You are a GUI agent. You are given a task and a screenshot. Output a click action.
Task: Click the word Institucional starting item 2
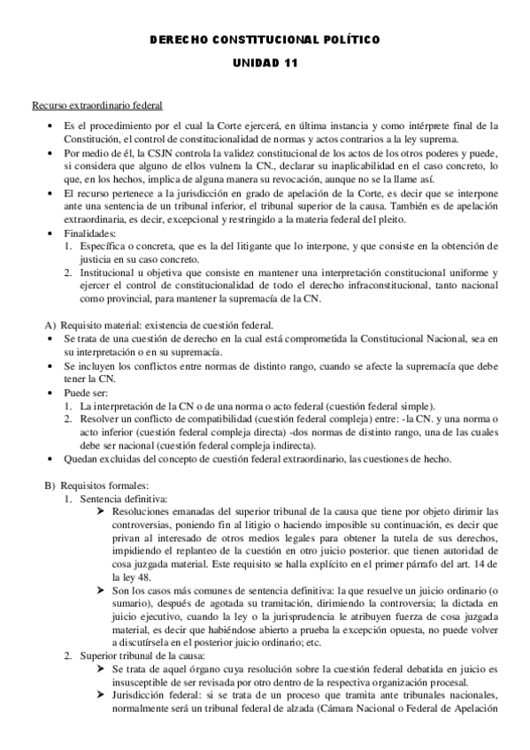110,272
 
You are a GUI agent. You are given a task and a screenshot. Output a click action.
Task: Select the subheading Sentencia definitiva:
117,498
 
